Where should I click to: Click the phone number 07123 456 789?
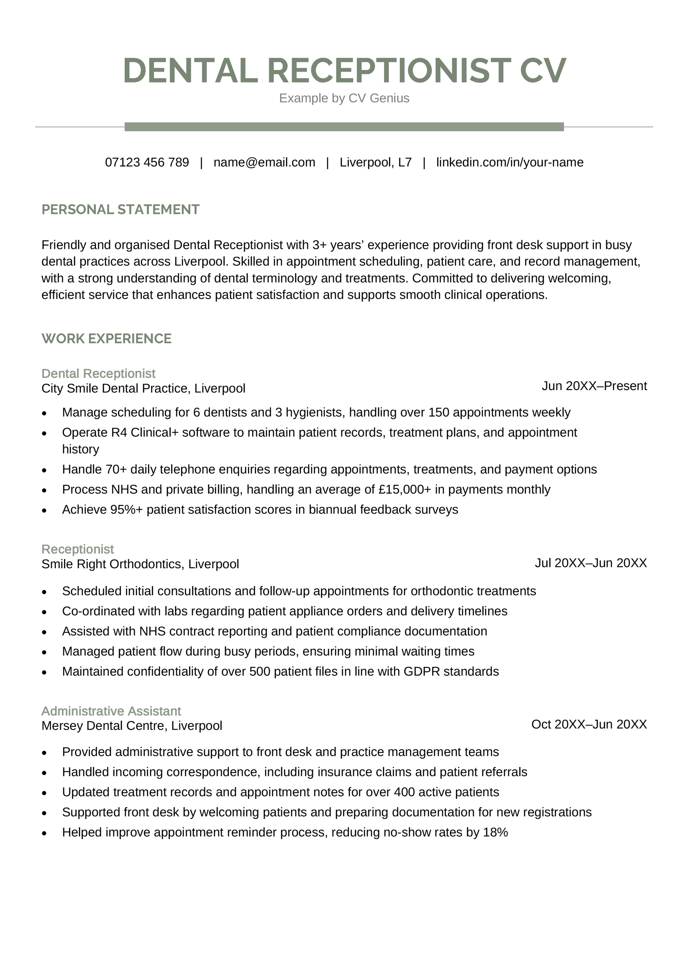coord(147,162)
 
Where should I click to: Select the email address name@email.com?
coord(264,162)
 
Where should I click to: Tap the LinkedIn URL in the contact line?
coord(510,162)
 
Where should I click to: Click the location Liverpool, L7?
coord(376,162)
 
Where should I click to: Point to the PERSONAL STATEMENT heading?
coord(120,210)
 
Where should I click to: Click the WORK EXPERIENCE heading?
coord(106,339)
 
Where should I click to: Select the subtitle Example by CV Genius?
coord(344,98)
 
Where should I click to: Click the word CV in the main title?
coord(543,70)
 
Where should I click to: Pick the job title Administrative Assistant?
coord(111,711)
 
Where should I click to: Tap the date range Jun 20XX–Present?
coord(594,386)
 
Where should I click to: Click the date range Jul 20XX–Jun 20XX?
coord(591,563)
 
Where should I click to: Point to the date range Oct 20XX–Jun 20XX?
coord(589,724)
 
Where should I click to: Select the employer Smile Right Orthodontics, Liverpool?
coord(140,564)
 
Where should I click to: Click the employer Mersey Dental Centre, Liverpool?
coord(132,726)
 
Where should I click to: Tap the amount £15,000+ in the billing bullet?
coord(405,489)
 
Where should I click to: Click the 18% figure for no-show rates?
coord(495,832)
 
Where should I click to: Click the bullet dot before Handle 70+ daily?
coord(44,470)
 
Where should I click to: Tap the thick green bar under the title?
coord(344,127)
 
